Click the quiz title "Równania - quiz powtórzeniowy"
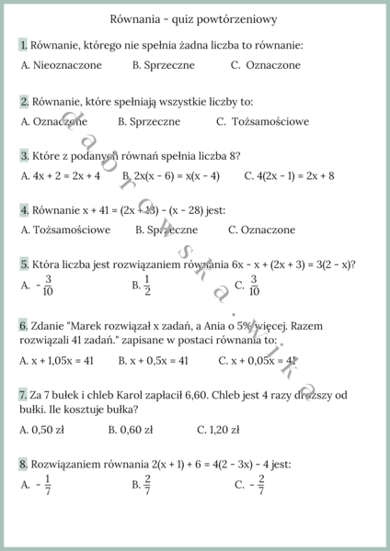pyautogui.click(x=194, y=18)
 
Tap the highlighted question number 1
pyautogui.click(x=23, y=45)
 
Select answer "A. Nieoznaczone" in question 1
pyautogui.click(x=61, y=65)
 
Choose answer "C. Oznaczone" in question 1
pyautogui.click(x=266, y=65)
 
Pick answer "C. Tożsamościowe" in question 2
pyautogui.click(x=263, y=121)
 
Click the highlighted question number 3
pyautogui.click(x=24, y=155)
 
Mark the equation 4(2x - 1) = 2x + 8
pyautogui.click(x=289, y=175)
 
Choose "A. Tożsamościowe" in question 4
pyautogui.click(x=65, y=230)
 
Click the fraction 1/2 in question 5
pyautogui.click(x=147, y=286)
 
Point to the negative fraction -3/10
pyautogui.click(x=45, y=286)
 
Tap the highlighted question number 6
pyautogui.click(x=23, y=326)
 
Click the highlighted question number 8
pyautogui.click(x=23, y=464)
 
